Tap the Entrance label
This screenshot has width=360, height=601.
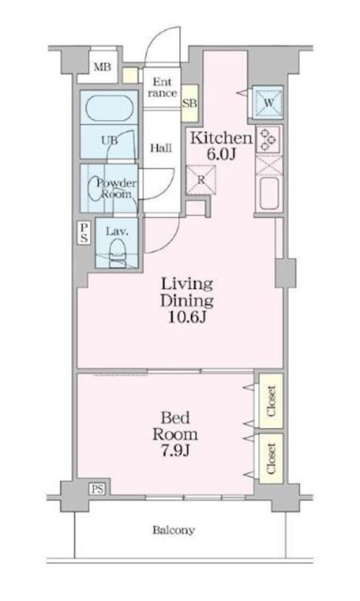[163, 88]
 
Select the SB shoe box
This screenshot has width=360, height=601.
[190, 103]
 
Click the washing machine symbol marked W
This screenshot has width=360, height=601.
[268, 103]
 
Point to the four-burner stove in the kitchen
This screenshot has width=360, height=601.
[268, 140]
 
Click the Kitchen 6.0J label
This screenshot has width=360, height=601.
[220, 145]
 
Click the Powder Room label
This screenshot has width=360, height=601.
[117, 189]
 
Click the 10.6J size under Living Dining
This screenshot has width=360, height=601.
[186, 316]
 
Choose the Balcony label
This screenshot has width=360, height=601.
[173, 530]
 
